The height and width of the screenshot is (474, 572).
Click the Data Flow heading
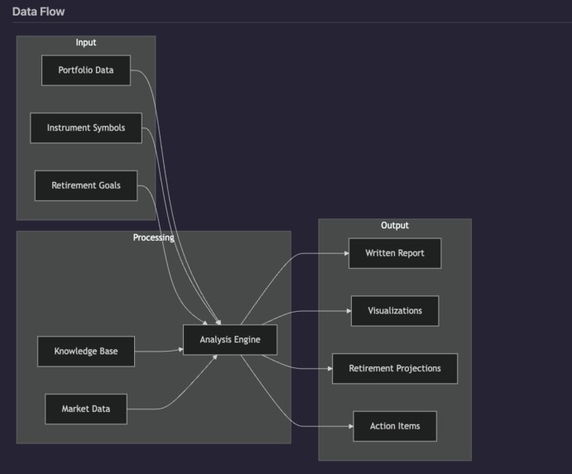(x=38, y=12)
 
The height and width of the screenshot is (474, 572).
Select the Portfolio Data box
(x=86, y=70)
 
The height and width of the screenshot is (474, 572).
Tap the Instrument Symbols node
(x=86, y=128)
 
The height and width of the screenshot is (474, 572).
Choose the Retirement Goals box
(x=86, y=185)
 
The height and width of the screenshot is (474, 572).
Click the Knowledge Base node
(x=86, y=352)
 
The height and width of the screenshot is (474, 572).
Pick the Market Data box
(x=86, y=409)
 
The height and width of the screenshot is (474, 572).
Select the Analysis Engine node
(x=229, y=340)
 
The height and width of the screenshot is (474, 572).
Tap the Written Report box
(x=395, y=253)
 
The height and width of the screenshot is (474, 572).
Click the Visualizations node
(x=395, y=311)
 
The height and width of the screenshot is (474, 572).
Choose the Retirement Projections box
(x=395, y=368)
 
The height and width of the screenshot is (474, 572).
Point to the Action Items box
(x=395, y=426)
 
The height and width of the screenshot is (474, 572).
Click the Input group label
(x=86, y=42)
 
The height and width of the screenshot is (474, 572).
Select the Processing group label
(x=154, y=237)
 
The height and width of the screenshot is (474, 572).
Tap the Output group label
(x=395, y=225)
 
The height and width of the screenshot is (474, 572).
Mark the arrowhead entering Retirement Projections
(x=329, y=368)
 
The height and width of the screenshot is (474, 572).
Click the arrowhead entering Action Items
(x=349, y=426)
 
